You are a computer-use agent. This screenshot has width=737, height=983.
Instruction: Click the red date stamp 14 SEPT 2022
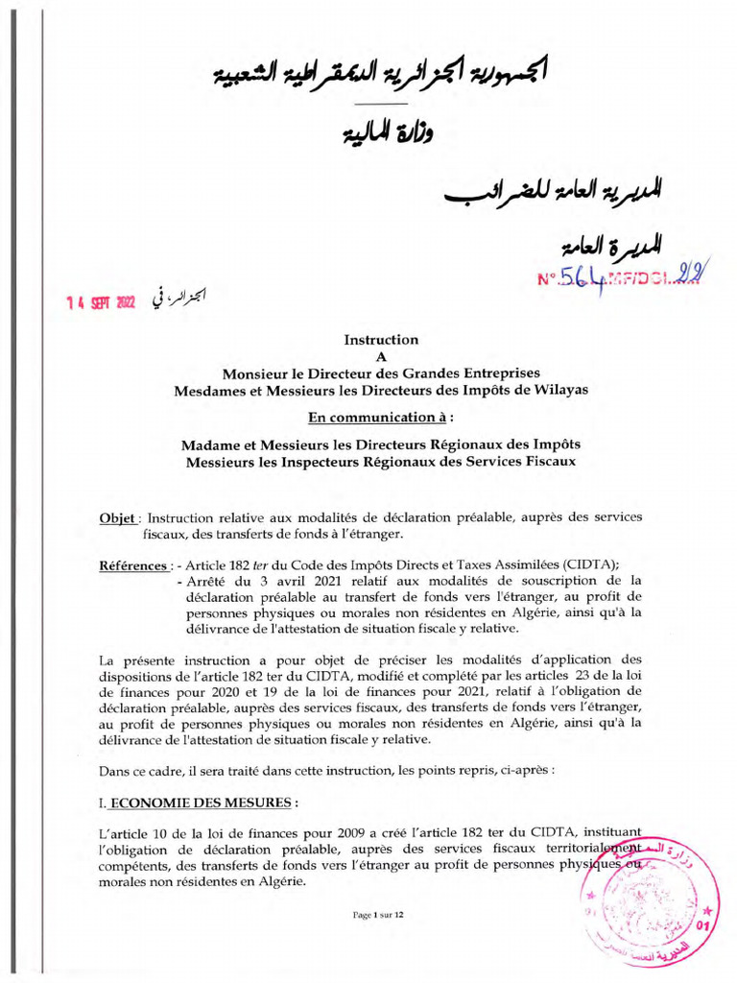(x=101, y=301)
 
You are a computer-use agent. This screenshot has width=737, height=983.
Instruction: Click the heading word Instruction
(x=381, y=339)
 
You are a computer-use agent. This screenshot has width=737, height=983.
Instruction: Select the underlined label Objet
(x=119, y=517)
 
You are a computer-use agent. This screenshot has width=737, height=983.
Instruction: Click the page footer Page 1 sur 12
(x=379, y=915)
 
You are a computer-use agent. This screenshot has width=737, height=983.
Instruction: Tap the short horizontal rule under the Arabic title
(x=382, y=103)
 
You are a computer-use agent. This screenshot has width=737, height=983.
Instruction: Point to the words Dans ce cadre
(x=139, y=771)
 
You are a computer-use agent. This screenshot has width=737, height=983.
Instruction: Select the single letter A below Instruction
(x=381, y=356)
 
